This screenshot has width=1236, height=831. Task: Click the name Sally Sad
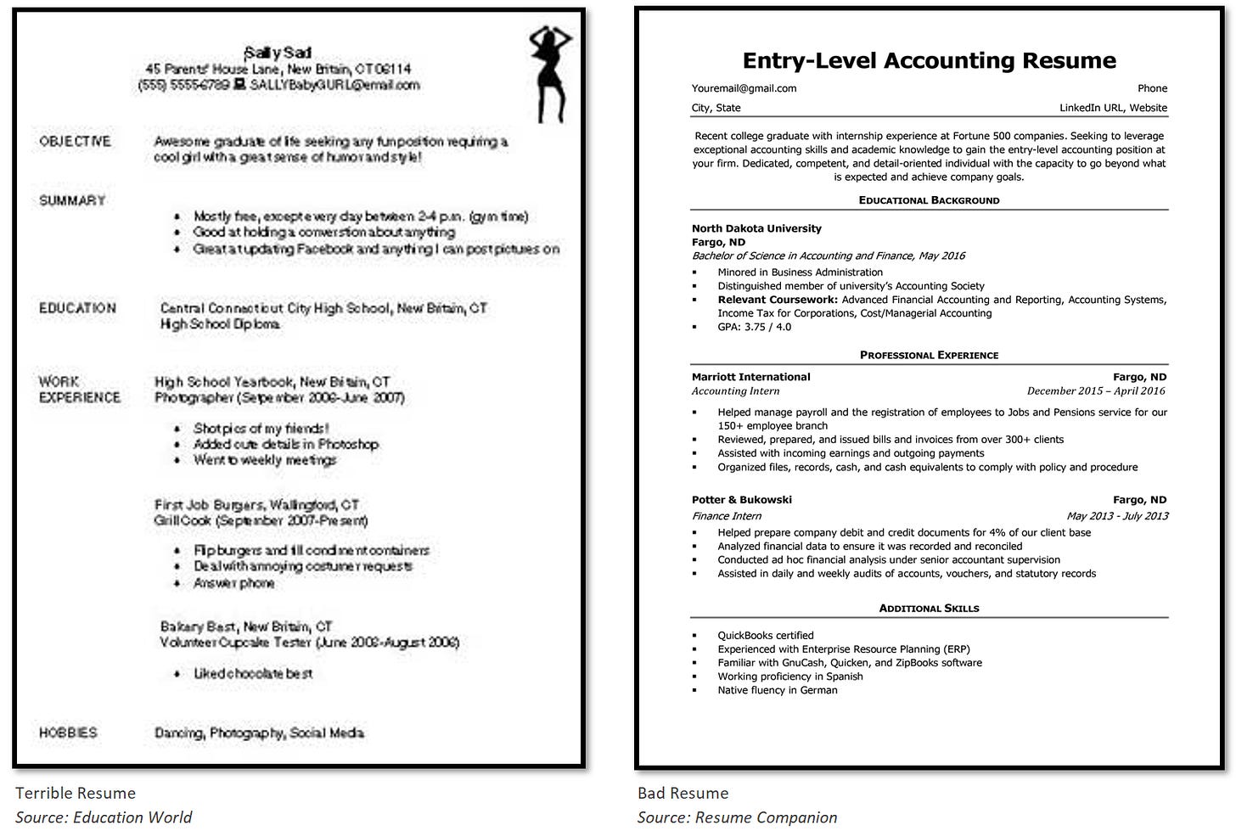coord(278,53)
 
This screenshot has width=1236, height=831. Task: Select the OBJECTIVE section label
coord(75,141)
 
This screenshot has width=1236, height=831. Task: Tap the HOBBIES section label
coord(68,733)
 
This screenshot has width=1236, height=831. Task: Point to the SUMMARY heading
coord(72,200)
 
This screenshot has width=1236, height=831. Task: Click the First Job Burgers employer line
coord(256,504)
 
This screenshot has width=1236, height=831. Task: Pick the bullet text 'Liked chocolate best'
coord(253,673)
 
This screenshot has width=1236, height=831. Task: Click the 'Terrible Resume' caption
coord(76,793)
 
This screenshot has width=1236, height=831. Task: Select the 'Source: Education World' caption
coord(104,817)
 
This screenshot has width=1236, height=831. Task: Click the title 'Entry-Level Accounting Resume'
coord(929,60)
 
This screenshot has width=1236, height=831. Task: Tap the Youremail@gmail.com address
coord(744,88)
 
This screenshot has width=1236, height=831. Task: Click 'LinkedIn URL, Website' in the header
coord(1112,108)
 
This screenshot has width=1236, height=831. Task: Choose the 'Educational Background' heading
coord(929,200)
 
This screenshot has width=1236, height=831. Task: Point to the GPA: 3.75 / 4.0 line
coord(754,327)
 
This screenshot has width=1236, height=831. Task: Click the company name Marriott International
coord(750,377)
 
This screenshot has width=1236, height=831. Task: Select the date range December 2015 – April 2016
coord(1096,391)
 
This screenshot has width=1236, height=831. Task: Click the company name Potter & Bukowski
coord(741,500)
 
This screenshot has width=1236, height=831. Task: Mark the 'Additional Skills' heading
coord(929,609)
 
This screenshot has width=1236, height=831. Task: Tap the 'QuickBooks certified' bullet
coord(765,636)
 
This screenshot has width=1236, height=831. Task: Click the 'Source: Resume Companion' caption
coord(737,817)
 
